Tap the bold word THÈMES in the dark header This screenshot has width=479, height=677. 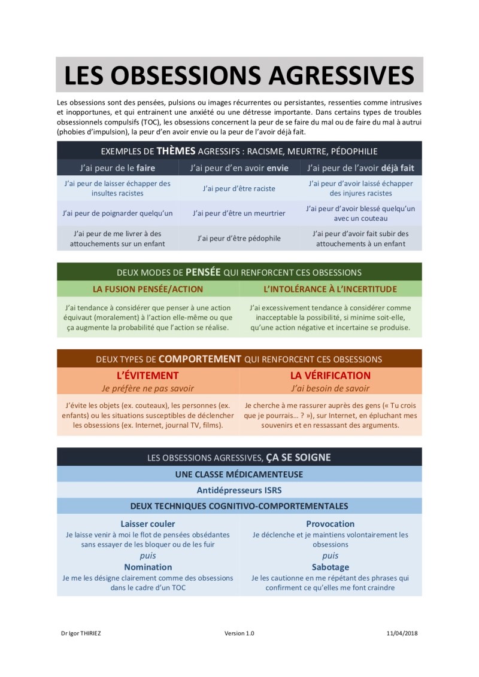pos(176,151)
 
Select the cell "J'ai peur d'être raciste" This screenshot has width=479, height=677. pos(239,188)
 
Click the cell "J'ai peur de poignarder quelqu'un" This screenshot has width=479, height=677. pos(117,213)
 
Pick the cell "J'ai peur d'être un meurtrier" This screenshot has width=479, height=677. pos(239,213)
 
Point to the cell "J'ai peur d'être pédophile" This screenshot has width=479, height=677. pos(239,238)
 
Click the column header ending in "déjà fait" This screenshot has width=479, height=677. pos(360,168)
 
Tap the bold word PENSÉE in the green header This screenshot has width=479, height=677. pos(203,272)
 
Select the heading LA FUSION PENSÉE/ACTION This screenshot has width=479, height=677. pos(148,289)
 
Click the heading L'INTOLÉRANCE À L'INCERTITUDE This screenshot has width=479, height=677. pos(331,289)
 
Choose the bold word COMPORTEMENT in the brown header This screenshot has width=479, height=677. pos(200,359)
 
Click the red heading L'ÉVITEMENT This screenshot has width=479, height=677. pos(148,376)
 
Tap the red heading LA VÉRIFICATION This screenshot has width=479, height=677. pos(331,376)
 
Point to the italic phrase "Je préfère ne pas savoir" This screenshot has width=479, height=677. pos(148,388)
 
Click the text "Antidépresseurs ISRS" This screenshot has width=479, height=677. pos(239,490)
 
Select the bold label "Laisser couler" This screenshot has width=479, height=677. pos(148,524)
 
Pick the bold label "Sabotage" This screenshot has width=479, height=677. pos(331,567)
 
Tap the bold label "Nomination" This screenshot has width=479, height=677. pos(148,567)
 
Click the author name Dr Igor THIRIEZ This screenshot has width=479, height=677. pos(81,633)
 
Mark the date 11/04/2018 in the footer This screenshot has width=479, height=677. pos(402,633)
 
